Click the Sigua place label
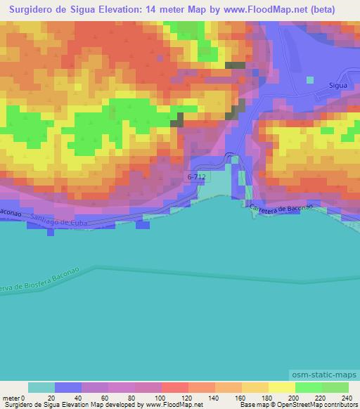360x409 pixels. (339, 84)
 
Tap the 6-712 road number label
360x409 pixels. (198, 178)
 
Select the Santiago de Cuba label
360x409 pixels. (63, 223)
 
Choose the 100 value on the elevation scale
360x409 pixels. (162, 397)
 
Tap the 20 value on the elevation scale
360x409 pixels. (55, 397)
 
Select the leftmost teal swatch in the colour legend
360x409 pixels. (41, 387)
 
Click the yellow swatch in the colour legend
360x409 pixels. (281, 387)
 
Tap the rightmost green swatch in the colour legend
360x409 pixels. (335, 387)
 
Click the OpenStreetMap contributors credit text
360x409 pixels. (327, 405)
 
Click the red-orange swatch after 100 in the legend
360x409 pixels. (174, 387)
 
